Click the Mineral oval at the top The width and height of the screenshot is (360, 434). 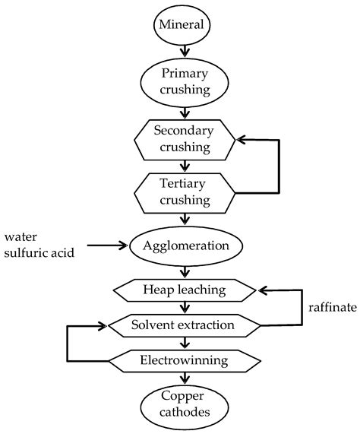pyautogui.click(x=182, y=25)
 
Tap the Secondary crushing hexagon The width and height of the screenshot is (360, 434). pyautogui.click(x=182, y=138)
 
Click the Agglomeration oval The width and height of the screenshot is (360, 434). pyautogui.click(x=186, y=246)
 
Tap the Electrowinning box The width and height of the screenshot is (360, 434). pyautogui.click(x=182, y=359)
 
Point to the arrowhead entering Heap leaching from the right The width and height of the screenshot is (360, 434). pyautogui.click(x=261, y=290)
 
